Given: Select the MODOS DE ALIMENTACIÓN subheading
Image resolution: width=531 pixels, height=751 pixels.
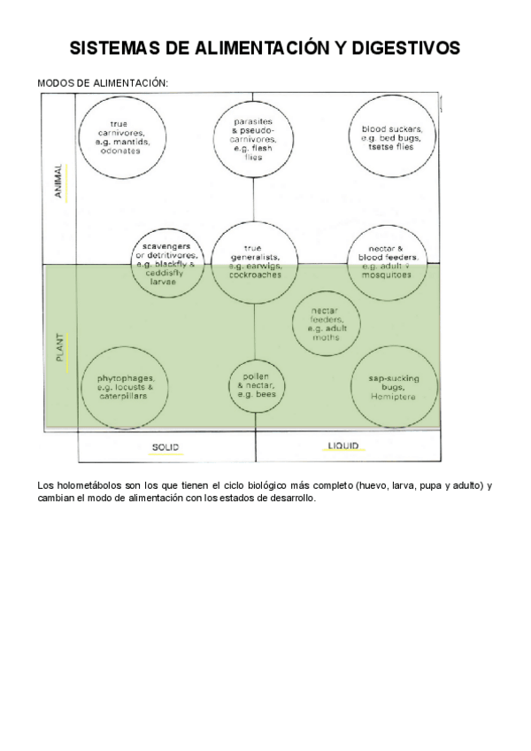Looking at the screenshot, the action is point(103,82).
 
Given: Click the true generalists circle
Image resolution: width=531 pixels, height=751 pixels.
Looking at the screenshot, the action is point(255,262).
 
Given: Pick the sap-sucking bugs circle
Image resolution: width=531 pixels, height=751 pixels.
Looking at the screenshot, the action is point(395,388).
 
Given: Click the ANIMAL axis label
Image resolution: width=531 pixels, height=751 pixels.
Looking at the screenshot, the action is point(58,181).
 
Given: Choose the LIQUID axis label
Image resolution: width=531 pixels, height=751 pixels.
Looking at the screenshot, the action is point(343,446).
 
